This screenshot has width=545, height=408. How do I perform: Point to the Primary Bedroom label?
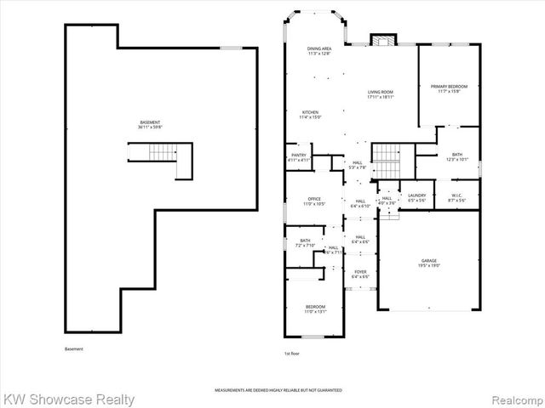(x=449, y=88)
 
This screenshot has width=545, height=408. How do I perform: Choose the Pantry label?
(x=299, y=157)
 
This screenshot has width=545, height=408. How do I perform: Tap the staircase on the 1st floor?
(x=387, y=156)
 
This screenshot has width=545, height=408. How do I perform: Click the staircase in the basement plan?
(x=160, y=153)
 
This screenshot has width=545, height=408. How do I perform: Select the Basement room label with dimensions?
(x=150, y=125)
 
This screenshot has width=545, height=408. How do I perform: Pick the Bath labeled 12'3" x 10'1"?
(x=457, y=156)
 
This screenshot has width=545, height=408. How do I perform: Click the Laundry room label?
(x=416, y=198)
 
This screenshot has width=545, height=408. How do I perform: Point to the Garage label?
(x=428, y=263)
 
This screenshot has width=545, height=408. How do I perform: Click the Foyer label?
(x=360, y=274)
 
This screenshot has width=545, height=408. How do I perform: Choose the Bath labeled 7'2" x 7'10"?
(x=305, y=243)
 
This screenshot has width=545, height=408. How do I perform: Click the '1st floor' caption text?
(x=293, y=352)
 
